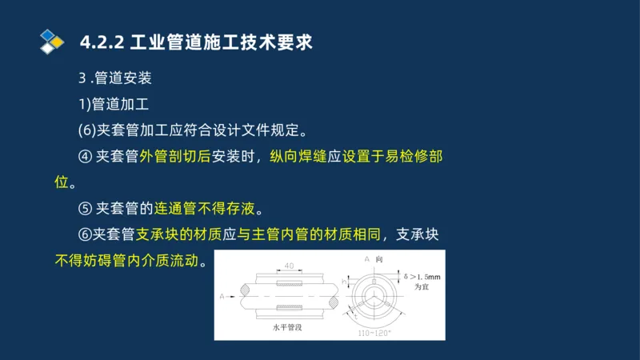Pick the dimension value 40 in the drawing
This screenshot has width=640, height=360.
pyautogui.click(x=289, y=266)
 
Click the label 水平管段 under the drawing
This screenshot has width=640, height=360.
pyautogui.click(x=289, y=328)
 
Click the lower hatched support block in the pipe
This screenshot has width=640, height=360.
pyautogui.click(x=289, y=309)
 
